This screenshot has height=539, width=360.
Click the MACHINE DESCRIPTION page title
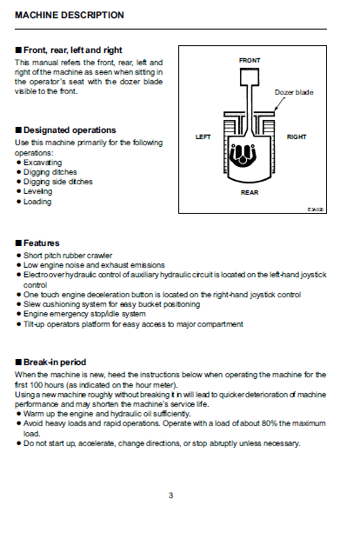[69, 15]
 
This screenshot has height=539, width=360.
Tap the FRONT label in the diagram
[250, 61]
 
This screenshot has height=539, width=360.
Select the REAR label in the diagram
[250, 192]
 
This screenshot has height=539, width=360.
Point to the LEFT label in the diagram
[203, 136]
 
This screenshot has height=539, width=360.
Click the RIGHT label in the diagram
[297, 136]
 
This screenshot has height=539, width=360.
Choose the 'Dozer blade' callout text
[294, 92]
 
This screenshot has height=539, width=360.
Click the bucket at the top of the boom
[250, 77]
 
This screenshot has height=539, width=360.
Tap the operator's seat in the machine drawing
[243, 155]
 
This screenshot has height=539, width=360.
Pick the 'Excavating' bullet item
[43, 163]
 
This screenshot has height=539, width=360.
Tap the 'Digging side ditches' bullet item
[57, 182]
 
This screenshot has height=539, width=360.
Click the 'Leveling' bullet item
[37, 191]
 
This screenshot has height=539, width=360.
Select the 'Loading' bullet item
[37, 202]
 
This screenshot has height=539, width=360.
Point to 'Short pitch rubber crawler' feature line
[68, 256]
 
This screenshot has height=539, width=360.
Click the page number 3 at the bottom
[171, 496]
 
